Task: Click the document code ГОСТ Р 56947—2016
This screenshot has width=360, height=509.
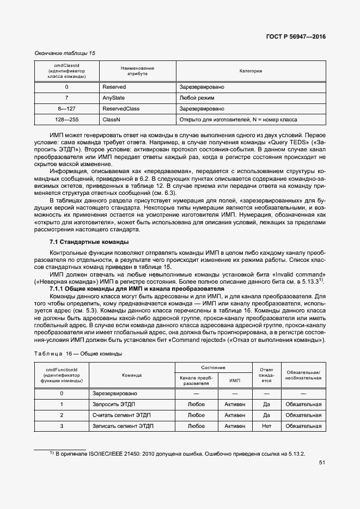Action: click(x=295, y=37)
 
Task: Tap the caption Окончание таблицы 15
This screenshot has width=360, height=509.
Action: click(x=65, y=53)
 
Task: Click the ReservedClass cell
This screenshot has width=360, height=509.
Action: click(x=121, y=108)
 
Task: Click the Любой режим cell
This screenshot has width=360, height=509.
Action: click(x=197, y=98)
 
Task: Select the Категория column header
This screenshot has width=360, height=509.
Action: click(x=251, y=71)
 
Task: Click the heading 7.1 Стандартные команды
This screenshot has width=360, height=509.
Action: click(x=89, y=242)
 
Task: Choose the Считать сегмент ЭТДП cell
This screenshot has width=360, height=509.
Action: click(x=120, y=415)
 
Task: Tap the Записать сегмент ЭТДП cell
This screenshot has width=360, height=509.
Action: click(x=121, y=426)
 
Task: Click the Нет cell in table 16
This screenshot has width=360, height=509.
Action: click(x=266, y=426)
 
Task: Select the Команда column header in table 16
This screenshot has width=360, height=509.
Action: click(x=132, y=375)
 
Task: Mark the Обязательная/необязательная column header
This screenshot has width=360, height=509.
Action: click(x=303, y=375)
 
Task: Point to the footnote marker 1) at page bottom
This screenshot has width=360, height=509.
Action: click(x=52, y=452)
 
